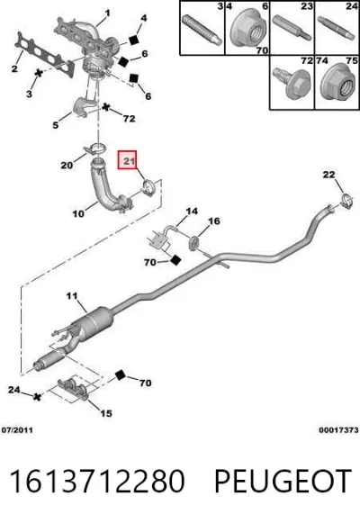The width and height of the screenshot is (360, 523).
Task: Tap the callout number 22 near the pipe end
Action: coord(328,175)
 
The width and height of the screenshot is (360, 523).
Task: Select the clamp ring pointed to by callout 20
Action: coord(94,149)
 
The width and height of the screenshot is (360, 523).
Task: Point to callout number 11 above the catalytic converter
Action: coord(72,296)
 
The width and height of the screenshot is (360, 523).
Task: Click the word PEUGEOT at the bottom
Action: coord(283,481)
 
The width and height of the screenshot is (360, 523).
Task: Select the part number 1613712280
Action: coord(97,481)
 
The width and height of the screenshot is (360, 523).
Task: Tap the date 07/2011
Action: coord(17,430)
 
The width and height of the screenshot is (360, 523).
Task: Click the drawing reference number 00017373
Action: coord(338,430)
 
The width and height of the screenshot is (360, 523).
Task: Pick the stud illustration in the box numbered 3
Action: coord(202,30)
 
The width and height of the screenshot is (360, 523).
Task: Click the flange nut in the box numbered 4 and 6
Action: coord(247,30)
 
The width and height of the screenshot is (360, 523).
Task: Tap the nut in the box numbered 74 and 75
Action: coord(337,82)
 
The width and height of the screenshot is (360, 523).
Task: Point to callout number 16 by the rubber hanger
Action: coord(214,221)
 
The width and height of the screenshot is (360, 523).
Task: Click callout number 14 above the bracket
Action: coord(192,212)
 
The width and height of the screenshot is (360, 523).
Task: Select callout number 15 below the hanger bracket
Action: coord(106,413)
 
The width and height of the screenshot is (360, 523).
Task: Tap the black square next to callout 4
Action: coord(134,40)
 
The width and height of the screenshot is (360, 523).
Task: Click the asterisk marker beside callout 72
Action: coord(106,107)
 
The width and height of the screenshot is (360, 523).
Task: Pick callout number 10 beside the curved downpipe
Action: coord(78,213)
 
